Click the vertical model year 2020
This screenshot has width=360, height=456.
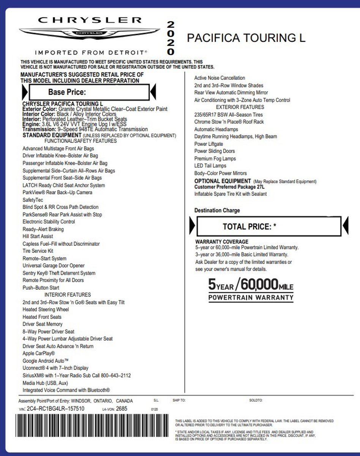pyautogui.click(x=171, y=38)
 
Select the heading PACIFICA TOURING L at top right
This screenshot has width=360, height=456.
pyautogui.click(x=246, y=38)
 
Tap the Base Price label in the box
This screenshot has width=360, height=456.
pyautogui.click(x=67, y=92)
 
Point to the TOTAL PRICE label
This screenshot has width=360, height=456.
pyautogui.click(x=249, y=227)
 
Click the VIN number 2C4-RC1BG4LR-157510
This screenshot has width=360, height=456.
pyautogui.click(x=55, y=408)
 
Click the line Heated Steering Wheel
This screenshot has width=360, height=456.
pyautogui.click(x=46, y=310)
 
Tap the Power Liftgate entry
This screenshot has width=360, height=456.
pyautogui.click(x=208, y=144)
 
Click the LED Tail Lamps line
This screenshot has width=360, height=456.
pyautogui.click(x=210, y=166)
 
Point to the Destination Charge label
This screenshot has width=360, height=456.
pyautogui.click(x=217, y=211)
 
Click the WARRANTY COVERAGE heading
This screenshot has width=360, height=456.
pyautogui.click(x=222, y=242)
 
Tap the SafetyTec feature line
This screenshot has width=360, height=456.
pyautogui.click(x=33, y=200)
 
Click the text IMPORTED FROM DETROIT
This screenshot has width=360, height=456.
pyautogui.click(x=90, y=52)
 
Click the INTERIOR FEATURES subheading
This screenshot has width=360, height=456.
pyautogui.click(x=68, y=295)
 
